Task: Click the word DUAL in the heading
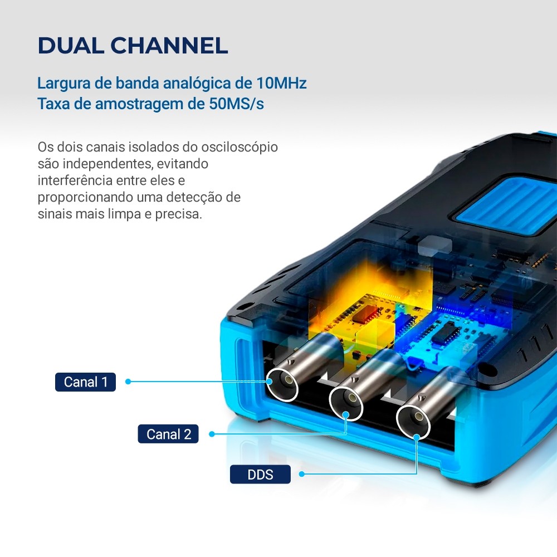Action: [x=71, y=46]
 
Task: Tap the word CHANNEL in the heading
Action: [x=169, y=46]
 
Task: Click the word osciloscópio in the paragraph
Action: [x=240, y=147]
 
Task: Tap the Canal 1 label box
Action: [x=85, y=382]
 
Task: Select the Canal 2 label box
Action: [x=168, y=434]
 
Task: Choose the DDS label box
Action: [x=260, y=474]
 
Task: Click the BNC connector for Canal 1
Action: [x=282, y=385]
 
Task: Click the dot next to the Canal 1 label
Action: [x=128, y=382]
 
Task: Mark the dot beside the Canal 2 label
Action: [x=212, y=434]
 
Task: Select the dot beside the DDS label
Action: [x=301, y=474]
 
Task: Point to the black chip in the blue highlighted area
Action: [x=448, y=334]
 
